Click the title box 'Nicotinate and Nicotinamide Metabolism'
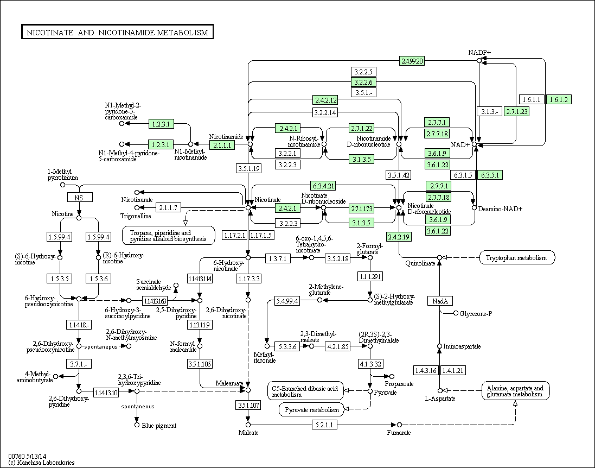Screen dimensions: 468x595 click(117, 33)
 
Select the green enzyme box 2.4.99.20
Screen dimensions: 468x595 click(412, 61)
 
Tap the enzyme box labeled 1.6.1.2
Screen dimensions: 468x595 click(559, 99)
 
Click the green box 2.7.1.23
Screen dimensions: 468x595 click(516, 111)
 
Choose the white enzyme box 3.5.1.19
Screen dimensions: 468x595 click(249, 168)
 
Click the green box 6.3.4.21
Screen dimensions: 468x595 click(323, 186)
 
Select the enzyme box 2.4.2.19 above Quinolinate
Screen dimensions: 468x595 click(399, 236)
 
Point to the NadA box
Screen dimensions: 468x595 click(439, 301)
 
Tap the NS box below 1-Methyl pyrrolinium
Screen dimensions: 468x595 click(79, 197)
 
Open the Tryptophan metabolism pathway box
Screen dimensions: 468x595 click(517, 257)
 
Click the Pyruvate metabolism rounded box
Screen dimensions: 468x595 click(312, 410)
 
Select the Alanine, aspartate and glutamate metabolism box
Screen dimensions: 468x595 click(515, 391)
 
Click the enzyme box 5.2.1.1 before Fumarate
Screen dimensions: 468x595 click(324, 424)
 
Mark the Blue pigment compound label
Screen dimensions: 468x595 click(159, 426)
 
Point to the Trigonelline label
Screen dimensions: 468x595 click(136, 216)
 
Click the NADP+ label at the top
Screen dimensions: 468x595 click(479, 52)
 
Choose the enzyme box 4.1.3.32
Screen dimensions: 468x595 click(370, 363)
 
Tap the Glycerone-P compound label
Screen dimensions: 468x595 click(476, 313)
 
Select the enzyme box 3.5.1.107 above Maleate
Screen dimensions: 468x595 click(248, 405)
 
